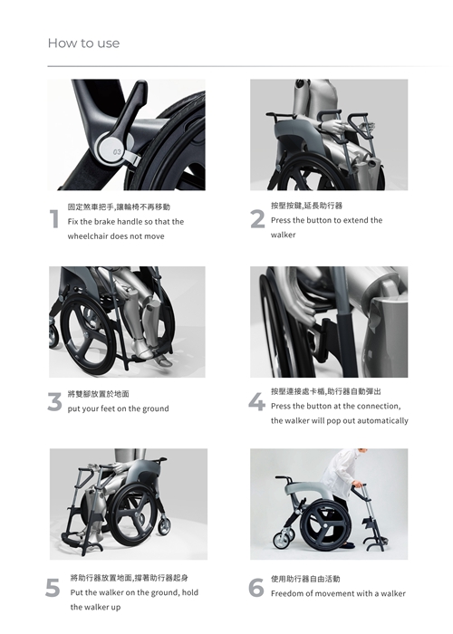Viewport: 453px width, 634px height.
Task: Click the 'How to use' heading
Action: pyautogui.click(x=83, y=43)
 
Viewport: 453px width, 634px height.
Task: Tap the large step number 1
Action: pyautogui.click(x=54, y=219)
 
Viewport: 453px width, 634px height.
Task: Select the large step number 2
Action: pyautogui.click(x=257, y=219)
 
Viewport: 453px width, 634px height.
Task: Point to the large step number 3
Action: pyautogui.click(x=54, y=402)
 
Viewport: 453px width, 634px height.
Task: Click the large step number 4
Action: pyautogui.click(x=256, y=402)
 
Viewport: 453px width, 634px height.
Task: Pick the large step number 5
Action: pyautogui.click(x=53, y=588)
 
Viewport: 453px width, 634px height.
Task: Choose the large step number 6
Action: pyautogui.click(x=256, y=588)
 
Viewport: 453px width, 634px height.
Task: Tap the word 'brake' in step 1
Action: pyautogui.click(x=105, y=222)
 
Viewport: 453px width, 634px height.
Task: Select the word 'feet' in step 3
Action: pyautogui.click(x=108, y=408)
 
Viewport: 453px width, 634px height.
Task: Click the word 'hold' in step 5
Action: pyautogui.click(x=190, y=592)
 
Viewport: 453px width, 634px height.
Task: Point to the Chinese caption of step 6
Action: pyautogui.click(x=305, y=579)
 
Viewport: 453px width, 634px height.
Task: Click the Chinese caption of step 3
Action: pyautogui.click(x=98, y=394)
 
